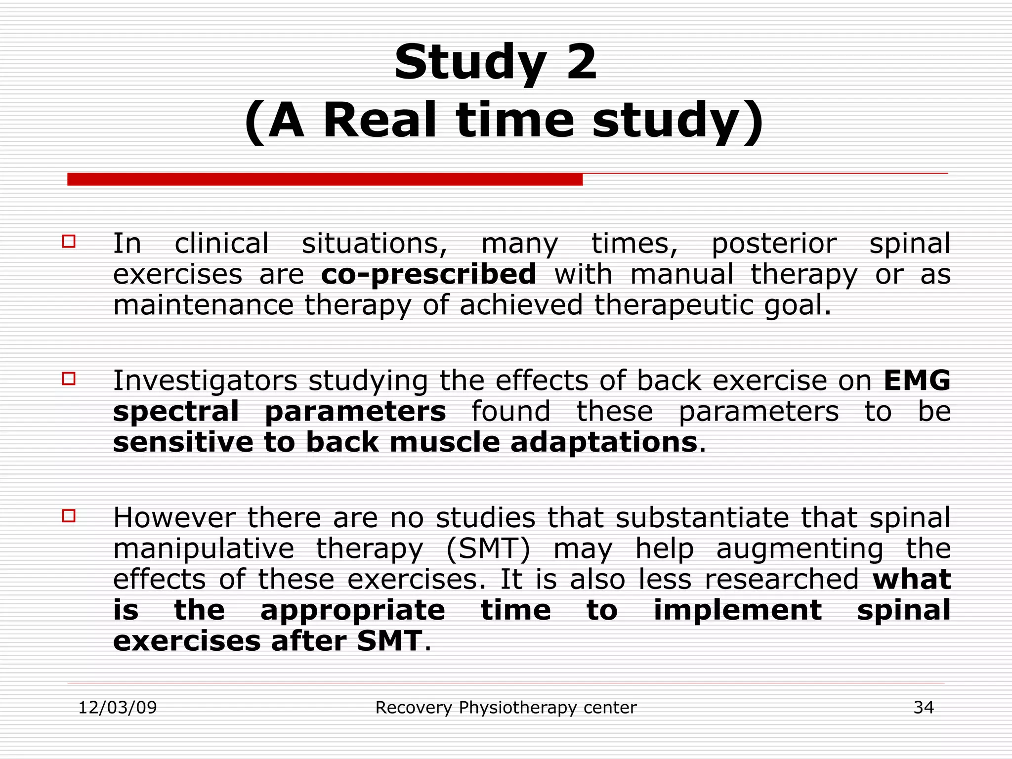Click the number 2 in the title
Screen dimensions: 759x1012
pos(581,62)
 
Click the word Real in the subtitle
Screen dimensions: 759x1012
pos(379,121)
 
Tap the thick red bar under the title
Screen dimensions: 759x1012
pos(325,179)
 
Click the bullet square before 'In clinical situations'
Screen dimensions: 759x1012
pos(69,241)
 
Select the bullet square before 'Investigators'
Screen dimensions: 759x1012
pos(69,379)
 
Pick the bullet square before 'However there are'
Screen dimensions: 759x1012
pos(69,516)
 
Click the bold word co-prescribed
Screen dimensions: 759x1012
pos(428,275)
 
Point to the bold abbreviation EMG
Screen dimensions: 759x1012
pos(917,380)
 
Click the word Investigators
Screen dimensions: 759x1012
pos(205,381)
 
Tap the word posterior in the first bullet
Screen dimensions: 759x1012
pos(773,244)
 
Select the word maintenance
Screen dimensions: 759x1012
pos(203,305)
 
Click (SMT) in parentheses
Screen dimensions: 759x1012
pos(488,548)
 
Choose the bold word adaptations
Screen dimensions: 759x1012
pos(603,442)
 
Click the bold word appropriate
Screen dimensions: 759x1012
pos(352,611)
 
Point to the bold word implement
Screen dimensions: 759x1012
pos(737,611)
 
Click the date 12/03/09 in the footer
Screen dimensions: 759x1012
pos(118,708)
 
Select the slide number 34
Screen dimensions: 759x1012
pos(923,708)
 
